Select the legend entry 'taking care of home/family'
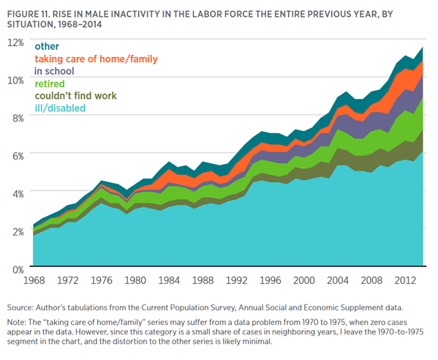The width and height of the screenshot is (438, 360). pos(96,59)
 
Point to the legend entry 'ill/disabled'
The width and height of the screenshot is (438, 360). pos(61,108)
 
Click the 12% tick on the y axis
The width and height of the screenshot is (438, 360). pos(16,42)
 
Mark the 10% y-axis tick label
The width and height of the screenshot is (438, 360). pos(16,80)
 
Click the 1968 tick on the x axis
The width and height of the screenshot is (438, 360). pos(34,280)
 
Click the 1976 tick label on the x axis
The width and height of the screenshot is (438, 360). pos(102,280)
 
